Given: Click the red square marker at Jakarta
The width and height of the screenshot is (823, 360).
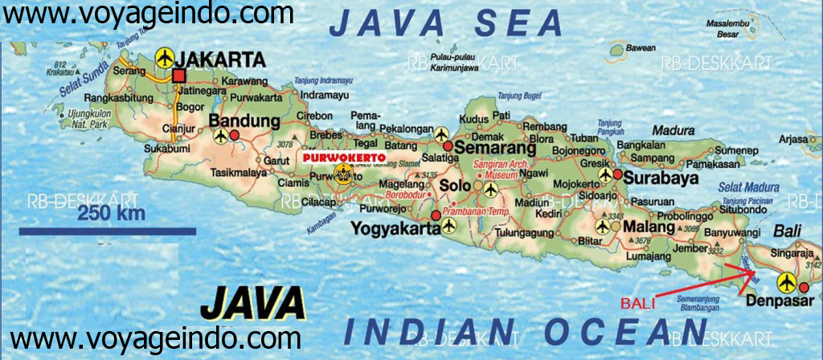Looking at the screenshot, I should point(178,76).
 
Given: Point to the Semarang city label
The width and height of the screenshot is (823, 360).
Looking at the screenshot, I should point(495,149).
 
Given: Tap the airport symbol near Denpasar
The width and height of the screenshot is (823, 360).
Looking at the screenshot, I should point(787,283).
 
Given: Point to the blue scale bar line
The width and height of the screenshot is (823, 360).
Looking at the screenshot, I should point(108,231).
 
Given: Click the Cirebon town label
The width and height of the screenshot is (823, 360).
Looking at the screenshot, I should point(316,116).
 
